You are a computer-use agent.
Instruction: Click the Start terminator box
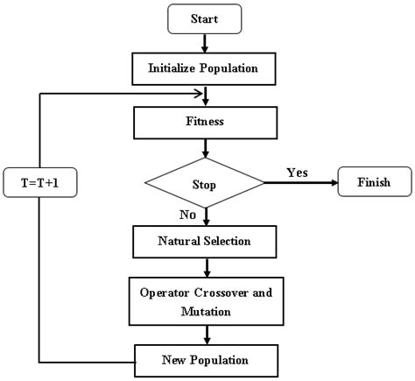(205, 18)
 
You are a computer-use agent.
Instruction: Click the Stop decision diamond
(205, 185)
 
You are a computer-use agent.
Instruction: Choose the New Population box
(206, 359)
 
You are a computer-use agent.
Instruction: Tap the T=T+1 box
(39, 185)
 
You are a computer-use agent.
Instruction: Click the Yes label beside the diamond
(298, 173)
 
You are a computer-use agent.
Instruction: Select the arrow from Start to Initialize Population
(205, 42)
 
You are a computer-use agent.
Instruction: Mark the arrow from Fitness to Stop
(205, 149)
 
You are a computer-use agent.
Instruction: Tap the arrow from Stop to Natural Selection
(205, 216)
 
